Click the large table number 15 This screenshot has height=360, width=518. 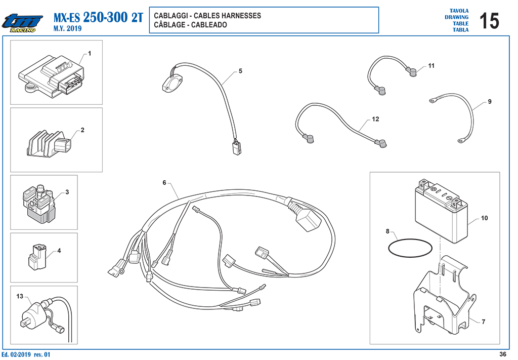[x=489, y=21]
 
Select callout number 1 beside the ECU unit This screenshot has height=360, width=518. [x=89, y=53]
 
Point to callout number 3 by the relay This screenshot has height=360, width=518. [x=67, y=192]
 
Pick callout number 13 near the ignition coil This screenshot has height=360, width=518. [x=20, y=296]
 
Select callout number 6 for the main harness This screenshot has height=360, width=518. [x=164, y=182]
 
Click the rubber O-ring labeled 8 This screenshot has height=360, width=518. [x=410, y=248]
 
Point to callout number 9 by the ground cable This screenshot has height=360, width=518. [x=490, y=101]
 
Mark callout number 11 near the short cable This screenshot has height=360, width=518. [x=431, y=66]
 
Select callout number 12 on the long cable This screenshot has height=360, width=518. [x=375, y=119]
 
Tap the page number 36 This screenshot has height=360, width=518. [x=502, y=354]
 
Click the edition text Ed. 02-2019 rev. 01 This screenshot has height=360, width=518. [x=26, y=354]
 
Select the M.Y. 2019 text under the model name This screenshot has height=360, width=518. [x=67, y=28]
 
